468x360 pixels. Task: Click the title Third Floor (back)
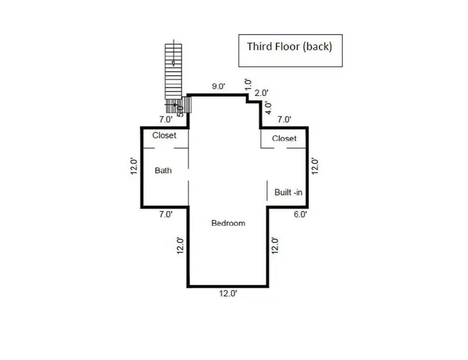tap(289, 46)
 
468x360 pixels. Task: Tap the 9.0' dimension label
tap(218, 87)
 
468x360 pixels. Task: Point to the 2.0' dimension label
tap(261, 93)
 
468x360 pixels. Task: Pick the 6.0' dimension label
tap(300, 214)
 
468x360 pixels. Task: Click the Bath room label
tap(163, 171)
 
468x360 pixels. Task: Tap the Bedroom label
tap(228, 223)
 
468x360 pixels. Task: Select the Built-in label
tap(288, 192)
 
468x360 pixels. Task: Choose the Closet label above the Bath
tap(164, 136)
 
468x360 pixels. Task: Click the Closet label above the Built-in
tap(284, 139)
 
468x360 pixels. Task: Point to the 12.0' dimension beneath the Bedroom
tap(227, 293)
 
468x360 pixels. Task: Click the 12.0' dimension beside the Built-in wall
tap(313, 166)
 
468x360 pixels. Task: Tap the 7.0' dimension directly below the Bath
tap(165, 214)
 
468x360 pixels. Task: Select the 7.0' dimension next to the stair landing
tap(165, 120)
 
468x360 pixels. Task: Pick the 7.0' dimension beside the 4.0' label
tap(284, 120)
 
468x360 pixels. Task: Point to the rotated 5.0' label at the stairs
tap(180, 109)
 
